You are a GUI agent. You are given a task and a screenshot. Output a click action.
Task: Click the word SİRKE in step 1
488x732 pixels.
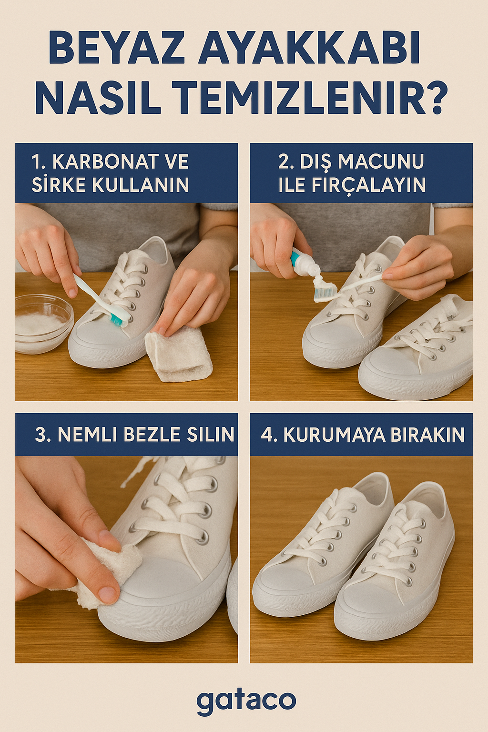coord(60,185)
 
